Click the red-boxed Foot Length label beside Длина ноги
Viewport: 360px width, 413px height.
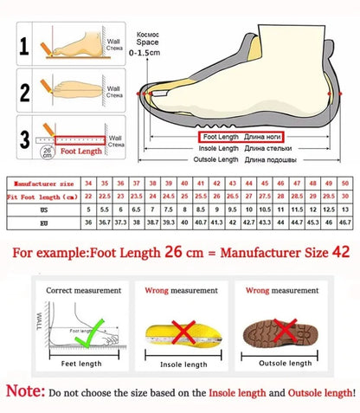[220, 137]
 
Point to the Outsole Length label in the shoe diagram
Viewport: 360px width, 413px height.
[216, 160]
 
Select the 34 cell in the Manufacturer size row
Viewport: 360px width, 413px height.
[88, 184]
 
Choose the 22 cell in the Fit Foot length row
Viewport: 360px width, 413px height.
[88, 197]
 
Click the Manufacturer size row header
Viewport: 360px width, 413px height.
[45, 184]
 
